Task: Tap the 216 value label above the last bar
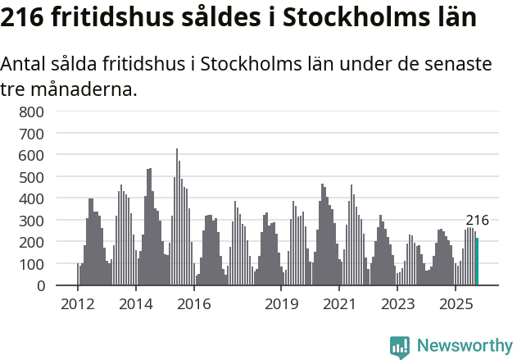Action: pos(477,220)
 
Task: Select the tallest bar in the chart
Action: pos(177,217)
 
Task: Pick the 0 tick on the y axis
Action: pos(41,285)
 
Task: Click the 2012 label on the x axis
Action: pos(78,304)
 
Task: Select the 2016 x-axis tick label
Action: pos(194,304)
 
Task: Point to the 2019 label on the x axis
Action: pos(281,304)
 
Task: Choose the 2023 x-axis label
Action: pos(397,304)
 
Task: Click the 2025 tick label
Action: pos(456,304)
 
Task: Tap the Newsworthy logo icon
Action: pos(400,347)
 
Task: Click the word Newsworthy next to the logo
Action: pos(465,346)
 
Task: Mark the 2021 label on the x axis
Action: pos(339,304)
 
